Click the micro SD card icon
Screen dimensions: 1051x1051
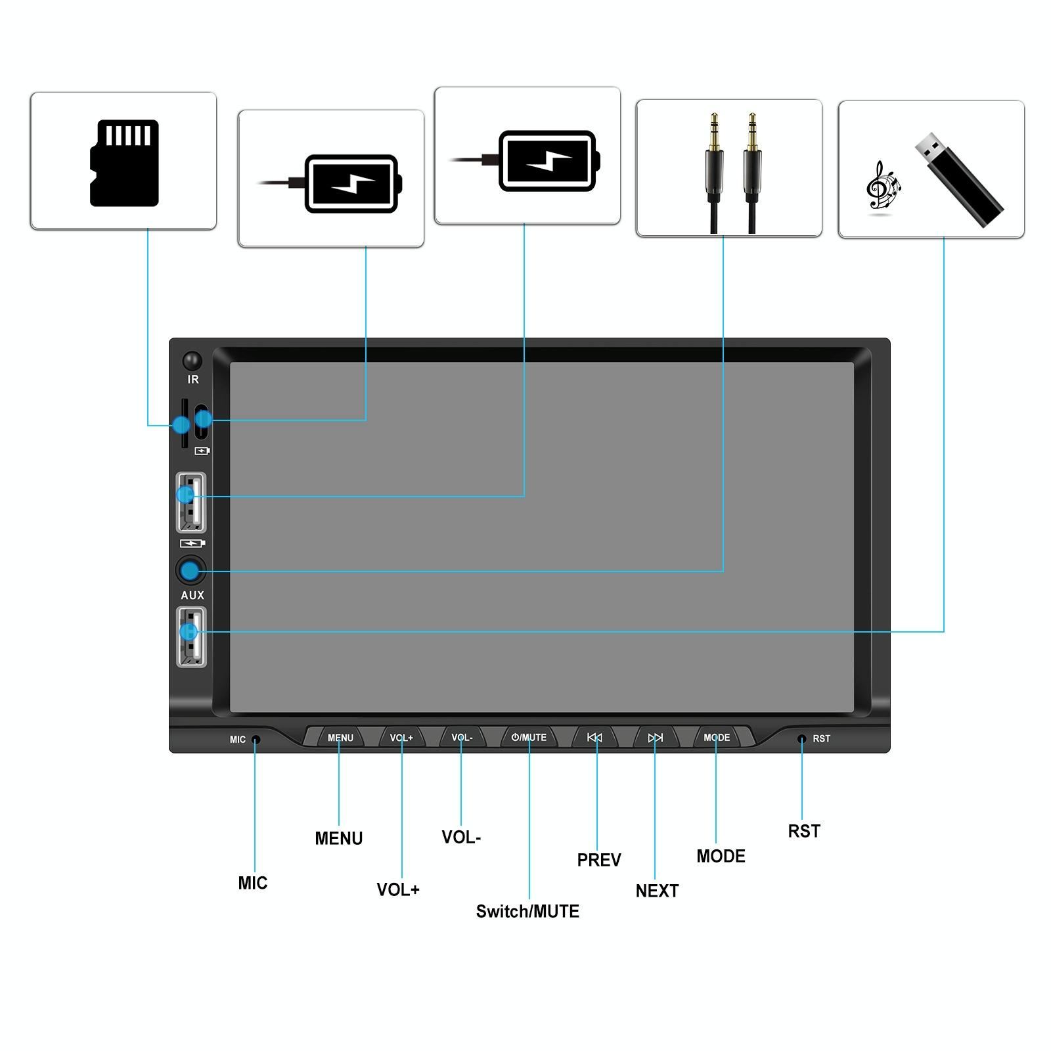tap(124, 163)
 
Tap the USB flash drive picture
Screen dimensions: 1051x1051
tap(960, 180)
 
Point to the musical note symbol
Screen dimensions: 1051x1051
tap(882, 187)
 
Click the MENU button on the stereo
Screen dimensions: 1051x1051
tap(340, 738)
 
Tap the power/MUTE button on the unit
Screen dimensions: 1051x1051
tap(529, 738)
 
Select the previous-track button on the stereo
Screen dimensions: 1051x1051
tap(594, 738)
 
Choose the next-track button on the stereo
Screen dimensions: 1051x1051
tap(655, 738)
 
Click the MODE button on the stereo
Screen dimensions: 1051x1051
tap(717, 738)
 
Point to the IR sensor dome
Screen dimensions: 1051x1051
tap(192, 361)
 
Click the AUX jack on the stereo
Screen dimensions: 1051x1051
tap(191, 570)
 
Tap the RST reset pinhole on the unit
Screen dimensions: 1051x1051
tap(801, 739)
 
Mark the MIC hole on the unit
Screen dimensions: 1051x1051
tap(256, 740)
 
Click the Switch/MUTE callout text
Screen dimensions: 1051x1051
tap(527, 911)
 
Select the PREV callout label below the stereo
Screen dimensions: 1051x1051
tap(598, 860)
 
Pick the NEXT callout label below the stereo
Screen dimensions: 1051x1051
tap(657, 891)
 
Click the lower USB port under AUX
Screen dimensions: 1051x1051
tap(191, 637)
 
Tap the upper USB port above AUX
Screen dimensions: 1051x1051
tap(191, 502)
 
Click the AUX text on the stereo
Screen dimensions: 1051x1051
tap(192, 595)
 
